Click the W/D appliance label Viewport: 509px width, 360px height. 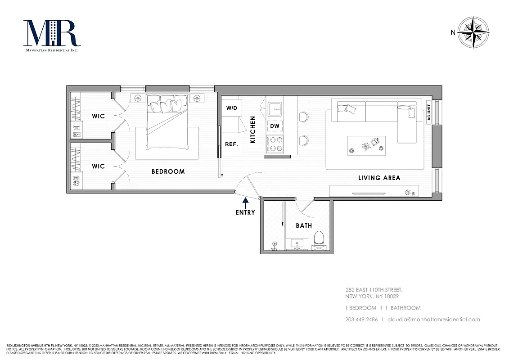pyautogui.click(x=231, y=108)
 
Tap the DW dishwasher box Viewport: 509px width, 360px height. pyautogui.click(x=275, y=126)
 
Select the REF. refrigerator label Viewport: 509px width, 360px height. pyautogui.click(x=231, y=144)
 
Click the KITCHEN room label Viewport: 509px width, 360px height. pyautogui.click(x=253, y=130)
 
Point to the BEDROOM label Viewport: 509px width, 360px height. pyautogui.click(x=168, y=171)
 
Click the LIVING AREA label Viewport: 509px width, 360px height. pyautogui.click(x=379, y=178)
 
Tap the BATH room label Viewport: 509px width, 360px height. pyautogui.click(x=304, y=225)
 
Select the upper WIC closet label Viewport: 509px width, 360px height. pyautogui.click(x=98, y=116)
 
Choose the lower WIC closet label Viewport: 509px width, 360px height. pyautogui.click(x=98, y=166)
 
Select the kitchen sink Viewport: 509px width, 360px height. pyautogui.click(x=274, y=108)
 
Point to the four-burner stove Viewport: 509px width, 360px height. pyautogui.click(x=275, y=144)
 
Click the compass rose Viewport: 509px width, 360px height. pyautogui.click(x=473, y=32)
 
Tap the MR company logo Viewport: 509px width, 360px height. pyautogui.click(x=52, y=35)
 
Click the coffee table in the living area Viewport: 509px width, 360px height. pyautogui.click(x=366, y=146)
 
